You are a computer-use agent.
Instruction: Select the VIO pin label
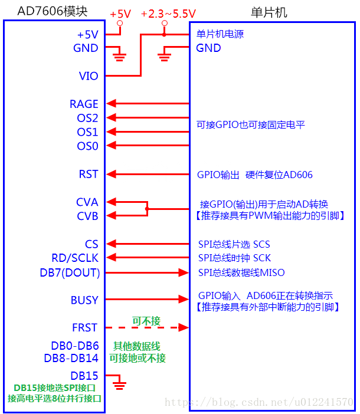[89, 76]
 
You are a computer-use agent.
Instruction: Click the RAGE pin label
[84, 104]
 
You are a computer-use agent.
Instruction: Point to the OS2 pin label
[87, 118]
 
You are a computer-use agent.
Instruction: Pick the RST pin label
[89, 175]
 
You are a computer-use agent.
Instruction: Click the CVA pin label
[87, 202]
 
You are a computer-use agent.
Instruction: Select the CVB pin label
[87, 216]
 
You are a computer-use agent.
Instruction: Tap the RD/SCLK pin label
[75, 258]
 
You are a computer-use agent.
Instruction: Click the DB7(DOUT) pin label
[70, 272]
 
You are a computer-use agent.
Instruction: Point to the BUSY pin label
[84, 300]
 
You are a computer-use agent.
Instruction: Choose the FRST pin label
[85, 327]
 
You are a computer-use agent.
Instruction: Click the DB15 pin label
[84, 375]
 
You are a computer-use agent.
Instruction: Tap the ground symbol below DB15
[120, 386]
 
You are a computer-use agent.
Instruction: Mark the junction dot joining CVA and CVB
[147, 209]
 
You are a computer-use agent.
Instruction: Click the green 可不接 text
[146, 321]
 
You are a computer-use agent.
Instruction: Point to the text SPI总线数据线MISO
[240, 272]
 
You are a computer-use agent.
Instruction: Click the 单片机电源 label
[220, 34]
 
